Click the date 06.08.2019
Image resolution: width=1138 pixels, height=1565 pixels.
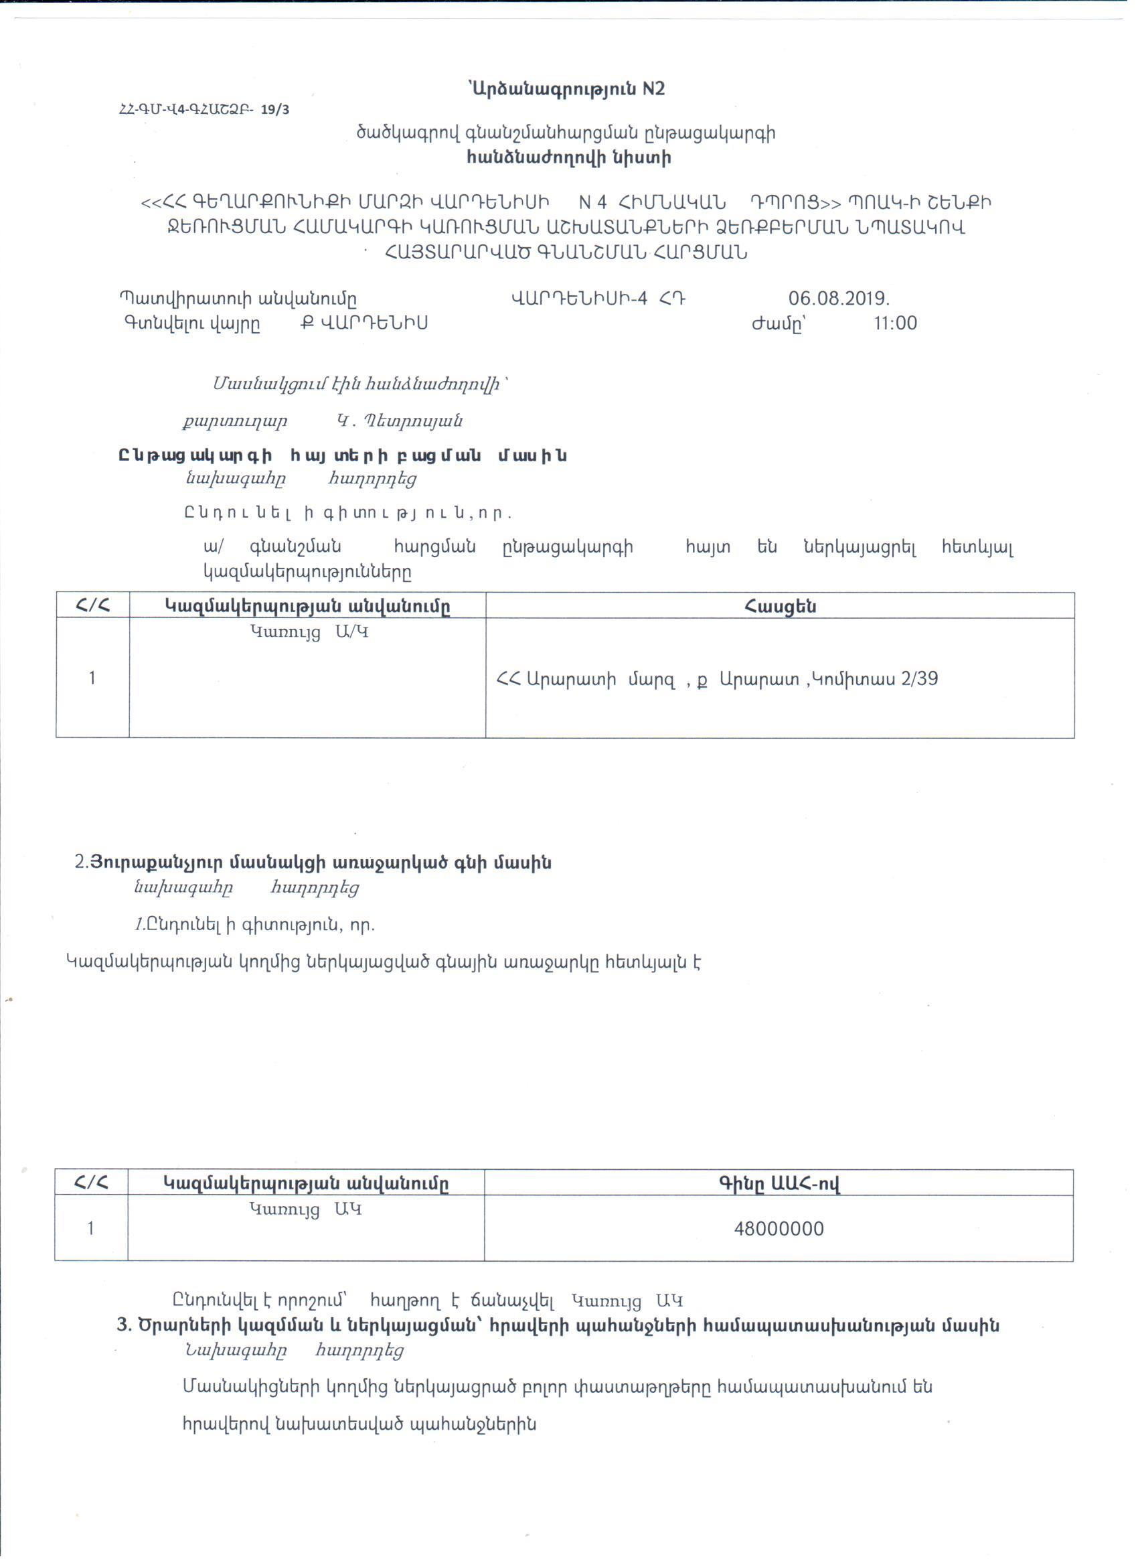[x=839, y=299]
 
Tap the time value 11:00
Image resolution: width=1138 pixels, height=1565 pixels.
[x=895, y=323]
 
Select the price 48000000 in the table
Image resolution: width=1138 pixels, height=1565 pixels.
[x=779, y=1229]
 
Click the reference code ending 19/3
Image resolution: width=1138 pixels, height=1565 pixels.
[x=204, y=110]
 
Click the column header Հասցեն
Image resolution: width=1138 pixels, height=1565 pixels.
[x=779, y=606]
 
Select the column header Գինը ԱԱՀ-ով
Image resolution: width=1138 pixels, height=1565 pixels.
[x=779, y=1184]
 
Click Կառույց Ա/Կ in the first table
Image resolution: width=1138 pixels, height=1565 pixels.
[x=309, y=631]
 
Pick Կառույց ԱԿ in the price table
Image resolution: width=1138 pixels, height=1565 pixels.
[x=305, y=1209]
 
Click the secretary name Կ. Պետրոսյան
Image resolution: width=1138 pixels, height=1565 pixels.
[x=400, y=421]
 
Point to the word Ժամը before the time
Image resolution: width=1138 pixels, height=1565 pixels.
[x=778, y=323]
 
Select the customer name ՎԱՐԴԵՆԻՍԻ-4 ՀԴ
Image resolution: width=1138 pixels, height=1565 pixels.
[x=597, y=299]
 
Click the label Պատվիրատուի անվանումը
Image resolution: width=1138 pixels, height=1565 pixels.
[x=238, y=299]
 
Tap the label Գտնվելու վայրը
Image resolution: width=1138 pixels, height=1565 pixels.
[x=191, y=323]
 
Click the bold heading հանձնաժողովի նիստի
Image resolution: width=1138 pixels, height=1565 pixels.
[x=568, y=158]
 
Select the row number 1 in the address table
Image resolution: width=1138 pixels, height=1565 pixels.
[x=92, y=678]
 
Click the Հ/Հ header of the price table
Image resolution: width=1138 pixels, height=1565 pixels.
[x=91, y=1184]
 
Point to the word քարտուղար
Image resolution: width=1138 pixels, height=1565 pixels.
[x=235, y=421]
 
